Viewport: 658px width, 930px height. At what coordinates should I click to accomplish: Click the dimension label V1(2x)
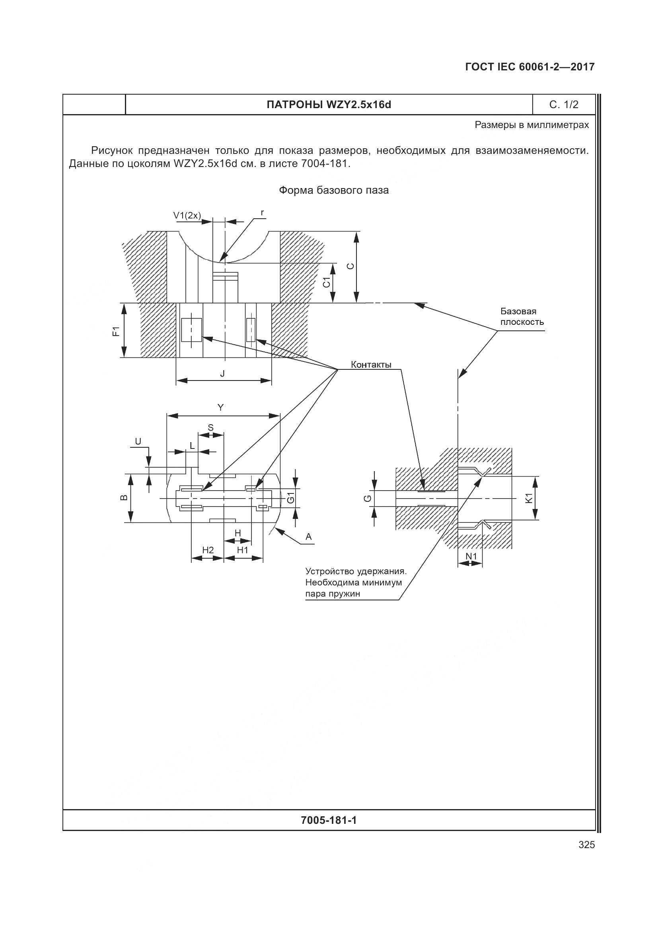point(187,216)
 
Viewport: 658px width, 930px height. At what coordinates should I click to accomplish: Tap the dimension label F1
point(116,331)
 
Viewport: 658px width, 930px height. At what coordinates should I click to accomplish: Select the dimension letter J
point(222,373)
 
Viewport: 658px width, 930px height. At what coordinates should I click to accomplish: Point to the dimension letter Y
point(220,408)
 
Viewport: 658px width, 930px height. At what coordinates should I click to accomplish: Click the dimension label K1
point(528,498)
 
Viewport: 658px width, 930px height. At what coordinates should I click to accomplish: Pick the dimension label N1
point(471,557)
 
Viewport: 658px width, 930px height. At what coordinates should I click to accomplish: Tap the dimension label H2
point(207,549)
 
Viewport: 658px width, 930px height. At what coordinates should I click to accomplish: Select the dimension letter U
point(138,441)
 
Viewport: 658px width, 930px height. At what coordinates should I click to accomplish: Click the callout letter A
point(309,537)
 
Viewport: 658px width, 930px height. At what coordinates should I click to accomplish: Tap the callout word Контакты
point(371,365)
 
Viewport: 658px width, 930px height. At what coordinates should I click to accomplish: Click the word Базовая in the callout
point(518,311)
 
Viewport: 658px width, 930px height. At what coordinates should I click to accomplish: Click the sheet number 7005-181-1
point(329,821)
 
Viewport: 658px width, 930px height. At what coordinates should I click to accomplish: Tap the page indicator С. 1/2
point(564,105)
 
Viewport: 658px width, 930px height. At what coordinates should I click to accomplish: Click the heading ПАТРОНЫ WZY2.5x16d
point(329,105)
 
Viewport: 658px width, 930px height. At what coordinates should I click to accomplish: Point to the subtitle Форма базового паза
point(333,190)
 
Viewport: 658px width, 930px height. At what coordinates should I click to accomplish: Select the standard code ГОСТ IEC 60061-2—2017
point(530,67)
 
